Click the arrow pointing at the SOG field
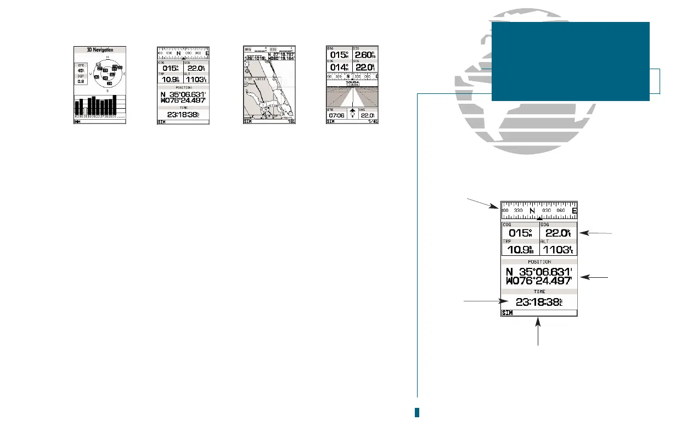click(597, 233)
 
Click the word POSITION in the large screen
click(539, 262)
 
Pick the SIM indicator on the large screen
click(507, 313)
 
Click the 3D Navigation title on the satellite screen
click(100, 50)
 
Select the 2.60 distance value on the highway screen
click(364, 55)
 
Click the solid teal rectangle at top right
click(570, 61)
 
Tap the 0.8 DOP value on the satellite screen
click(81, 81)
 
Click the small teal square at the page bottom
click(417, 412)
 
